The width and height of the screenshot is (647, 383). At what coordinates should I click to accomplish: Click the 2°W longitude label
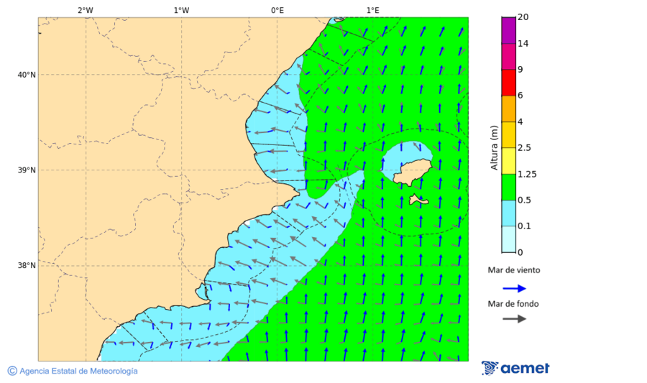coord(85,10)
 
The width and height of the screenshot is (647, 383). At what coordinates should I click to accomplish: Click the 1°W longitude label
coord(181,10)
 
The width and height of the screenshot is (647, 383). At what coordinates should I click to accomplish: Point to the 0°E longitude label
coord(277,10)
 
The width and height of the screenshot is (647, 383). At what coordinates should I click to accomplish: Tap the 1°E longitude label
coord(372,10)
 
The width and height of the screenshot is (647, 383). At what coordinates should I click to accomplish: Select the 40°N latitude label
coord(27,75)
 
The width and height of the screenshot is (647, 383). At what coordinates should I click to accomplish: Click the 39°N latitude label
coord(27,170)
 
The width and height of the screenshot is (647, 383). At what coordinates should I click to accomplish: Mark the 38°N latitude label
coord(27,266)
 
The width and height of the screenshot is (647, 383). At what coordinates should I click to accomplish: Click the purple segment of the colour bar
coord(508,30)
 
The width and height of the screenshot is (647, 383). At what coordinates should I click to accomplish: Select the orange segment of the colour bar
coord(508,109)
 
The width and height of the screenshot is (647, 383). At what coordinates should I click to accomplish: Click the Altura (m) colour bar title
coord(494,148)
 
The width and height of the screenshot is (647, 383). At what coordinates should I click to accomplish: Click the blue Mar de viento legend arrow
coord(514,288)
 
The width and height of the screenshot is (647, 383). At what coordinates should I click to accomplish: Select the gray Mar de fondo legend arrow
coord(514,319)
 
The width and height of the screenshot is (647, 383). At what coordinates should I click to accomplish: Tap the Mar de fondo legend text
coord(513,304)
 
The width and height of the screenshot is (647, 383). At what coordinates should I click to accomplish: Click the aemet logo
coord(515,368)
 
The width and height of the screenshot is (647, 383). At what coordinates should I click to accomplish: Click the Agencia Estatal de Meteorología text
coord(78,371)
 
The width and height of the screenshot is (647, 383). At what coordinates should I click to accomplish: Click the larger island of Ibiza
coord(411,172)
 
